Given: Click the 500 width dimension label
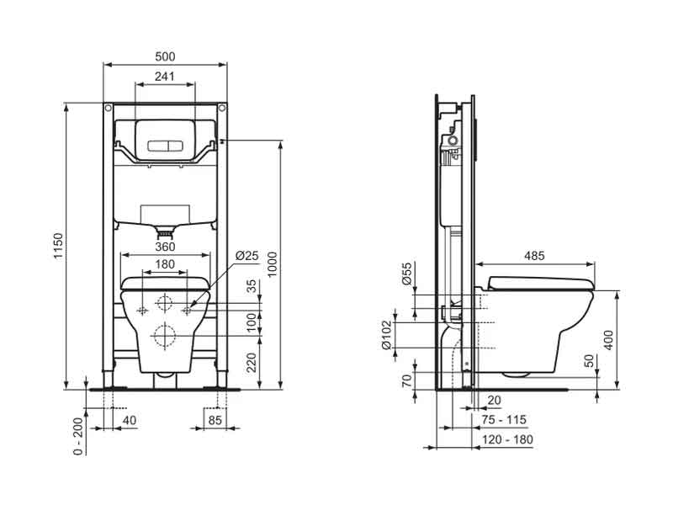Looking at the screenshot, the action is point(165,56).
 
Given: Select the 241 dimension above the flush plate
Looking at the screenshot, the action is point(165,76).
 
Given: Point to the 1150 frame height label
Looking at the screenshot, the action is point(58,246).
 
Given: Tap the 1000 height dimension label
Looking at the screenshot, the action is point(273,264).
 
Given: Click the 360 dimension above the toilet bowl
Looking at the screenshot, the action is point(165,247).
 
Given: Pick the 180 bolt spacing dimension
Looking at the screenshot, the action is point(165,264).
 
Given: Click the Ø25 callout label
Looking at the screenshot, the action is point(247,256).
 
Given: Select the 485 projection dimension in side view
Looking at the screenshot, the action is point(534,256).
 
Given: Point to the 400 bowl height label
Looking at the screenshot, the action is point(608,340).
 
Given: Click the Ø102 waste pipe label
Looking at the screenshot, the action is point(387,335).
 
